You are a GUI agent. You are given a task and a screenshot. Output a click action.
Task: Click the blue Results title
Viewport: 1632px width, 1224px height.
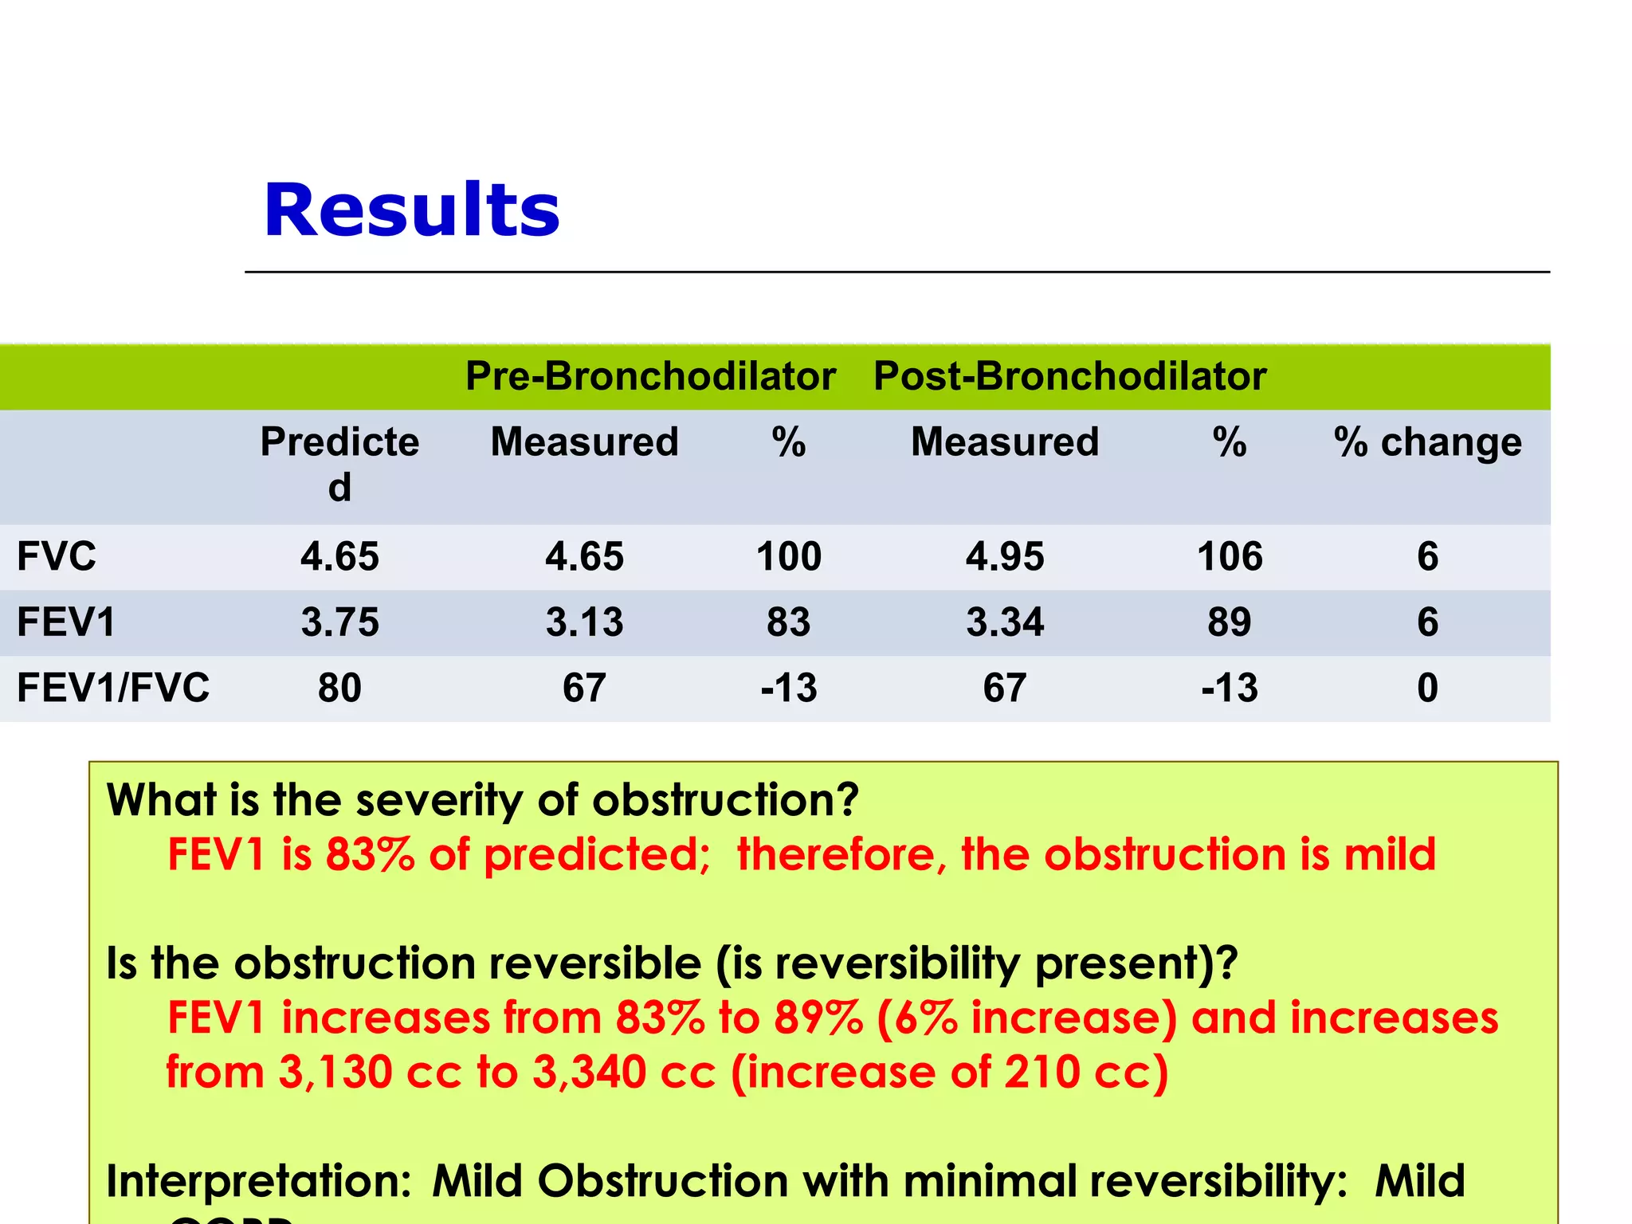[411, 210]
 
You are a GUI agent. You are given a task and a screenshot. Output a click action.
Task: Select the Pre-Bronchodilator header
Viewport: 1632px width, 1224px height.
[650, 376]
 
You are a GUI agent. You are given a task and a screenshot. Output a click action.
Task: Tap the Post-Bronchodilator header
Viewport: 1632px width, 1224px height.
[1069, 376]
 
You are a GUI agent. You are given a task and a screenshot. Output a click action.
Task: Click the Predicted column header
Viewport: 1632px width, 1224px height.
[339, 462]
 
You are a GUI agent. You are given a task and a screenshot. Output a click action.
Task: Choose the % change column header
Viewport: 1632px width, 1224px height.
[1427, 442]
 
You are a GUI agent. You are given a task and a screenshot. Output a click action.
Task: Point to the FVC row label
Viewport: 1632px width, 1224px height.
[57, 556]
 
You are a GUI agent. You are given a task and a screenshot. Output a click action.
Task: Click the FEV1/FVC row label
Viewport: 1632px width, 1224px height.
[113, 688]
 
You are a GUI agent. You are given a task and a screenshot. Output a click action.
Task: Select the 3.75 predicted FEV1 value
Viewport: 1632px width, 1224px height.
[339, 622]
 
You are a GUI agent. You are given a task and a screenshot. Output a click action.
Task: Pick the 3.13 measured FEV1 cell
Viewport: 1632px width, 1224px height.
[584, 622]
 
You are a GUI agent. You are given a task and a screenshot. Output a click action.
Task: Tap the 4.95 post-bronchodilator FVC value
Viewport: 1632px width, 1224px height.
[1005, 556]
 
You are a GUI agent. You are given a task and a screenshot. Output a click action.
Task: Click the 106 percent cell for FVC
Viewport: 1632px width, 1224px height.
[1230, 556]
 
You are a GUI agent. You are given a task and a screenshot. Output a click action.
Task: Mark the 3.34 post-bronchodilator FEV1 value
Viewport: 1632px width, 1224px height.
[1005, 622]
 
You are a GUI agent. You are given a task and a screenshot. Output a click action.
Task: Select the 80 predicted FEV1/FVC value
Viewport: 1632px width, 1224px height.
[339, 688]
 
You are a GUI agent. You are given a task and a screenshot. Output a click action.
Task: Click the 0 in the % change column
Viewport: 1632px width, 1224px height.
[1427, 688]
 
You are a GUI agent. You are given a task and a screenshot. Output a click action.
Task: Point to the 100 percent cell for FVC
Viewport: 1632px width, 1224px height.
[788, 556]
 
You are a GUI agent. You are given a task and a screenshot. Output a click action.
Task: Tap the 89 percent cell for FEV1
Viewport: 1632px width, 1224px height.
[1230, 622]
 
